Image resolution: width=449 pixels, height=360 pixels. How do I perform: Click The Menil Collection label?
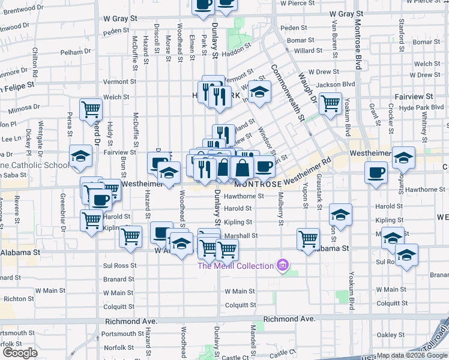point(236,265)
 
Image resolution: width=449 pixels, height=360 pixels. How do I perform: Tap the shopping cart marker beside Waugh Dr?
point(330,103)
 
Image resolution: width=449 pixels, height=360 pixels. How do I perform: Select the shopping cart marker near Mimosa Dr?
point(91,109)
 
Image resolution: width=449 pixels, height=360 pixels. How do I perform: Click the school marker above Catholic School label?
point(80,156)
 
